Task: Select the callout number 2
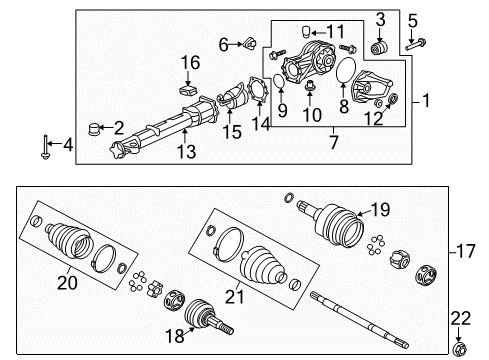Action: tap(118, 128)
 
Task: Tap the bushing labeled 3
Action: tap(379, 49)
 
